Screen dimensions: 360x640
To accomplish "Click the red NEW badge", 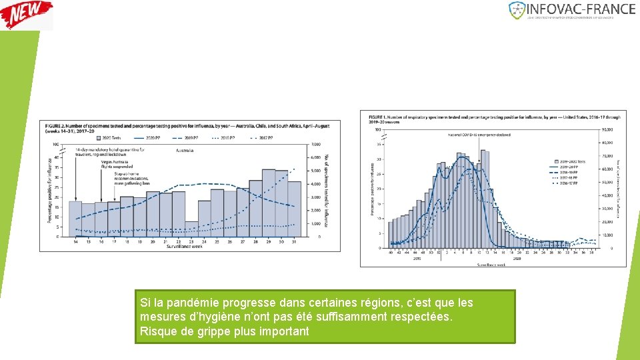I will (x=27, y=14).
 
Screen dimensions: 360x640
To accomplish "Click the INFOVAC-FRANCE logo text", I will (x=581, y=9).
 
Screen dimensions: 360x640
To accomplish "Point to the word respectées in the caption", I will (x=421, y=317).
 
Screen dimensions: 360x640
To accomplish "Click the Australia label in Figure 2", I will (x=185, y=151).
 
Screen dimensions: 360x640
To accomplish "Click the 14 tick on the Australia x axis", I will (x=75, y=241).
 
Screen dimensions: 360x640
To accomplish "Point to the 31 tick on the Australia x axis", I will (x=295, y=241).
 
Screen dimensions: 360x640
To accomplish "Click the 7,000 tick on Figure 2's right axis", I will (x=316, y=145).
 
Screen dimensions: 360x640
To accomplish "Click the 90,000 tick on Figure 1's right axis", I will (x=607, y=129).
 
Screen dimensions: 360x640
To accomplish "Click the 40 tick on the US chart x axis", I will (x=390, y=253).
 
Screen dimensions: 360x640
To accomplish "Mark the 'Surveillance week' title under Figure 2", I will (x=185, y=247).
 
